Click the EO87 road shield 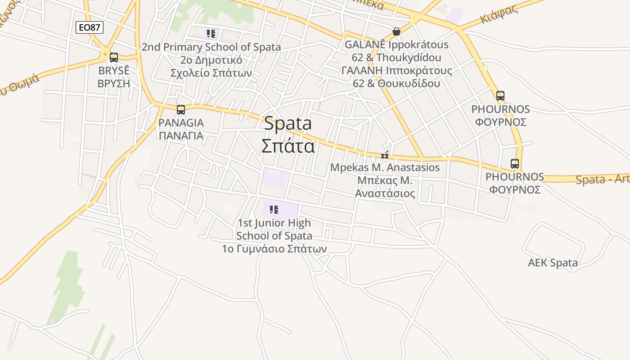click(x=90, y=27)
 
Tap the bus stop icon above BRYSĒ click(x=114, y=58)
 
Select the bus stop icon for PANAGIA click(x=181, y=109)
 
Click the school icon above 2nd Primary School click(x=211, y=33)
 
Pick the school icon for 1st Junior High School click(x=274, y=209)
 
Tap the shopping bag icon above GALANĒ click(x=396, y=31)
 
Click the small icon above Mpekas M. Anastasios click(x=385, y=155)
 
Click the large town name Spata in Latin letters click(x=288, y=123)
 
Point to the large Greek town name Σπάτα click(x=288, y=145)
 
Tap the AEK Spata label click(x=553, y=263)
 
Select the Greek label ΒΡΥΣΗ click(x=114, y=83)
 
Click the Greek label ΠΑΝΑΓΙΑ click(x=181, y=135)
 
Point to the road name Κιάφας click(x=499, y=15)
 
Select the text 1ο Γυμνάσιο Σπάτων click(x=274, y=248)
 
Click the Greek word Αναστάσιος click(x=385, y=193)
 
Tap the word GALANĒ click(x=365, y=45)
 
